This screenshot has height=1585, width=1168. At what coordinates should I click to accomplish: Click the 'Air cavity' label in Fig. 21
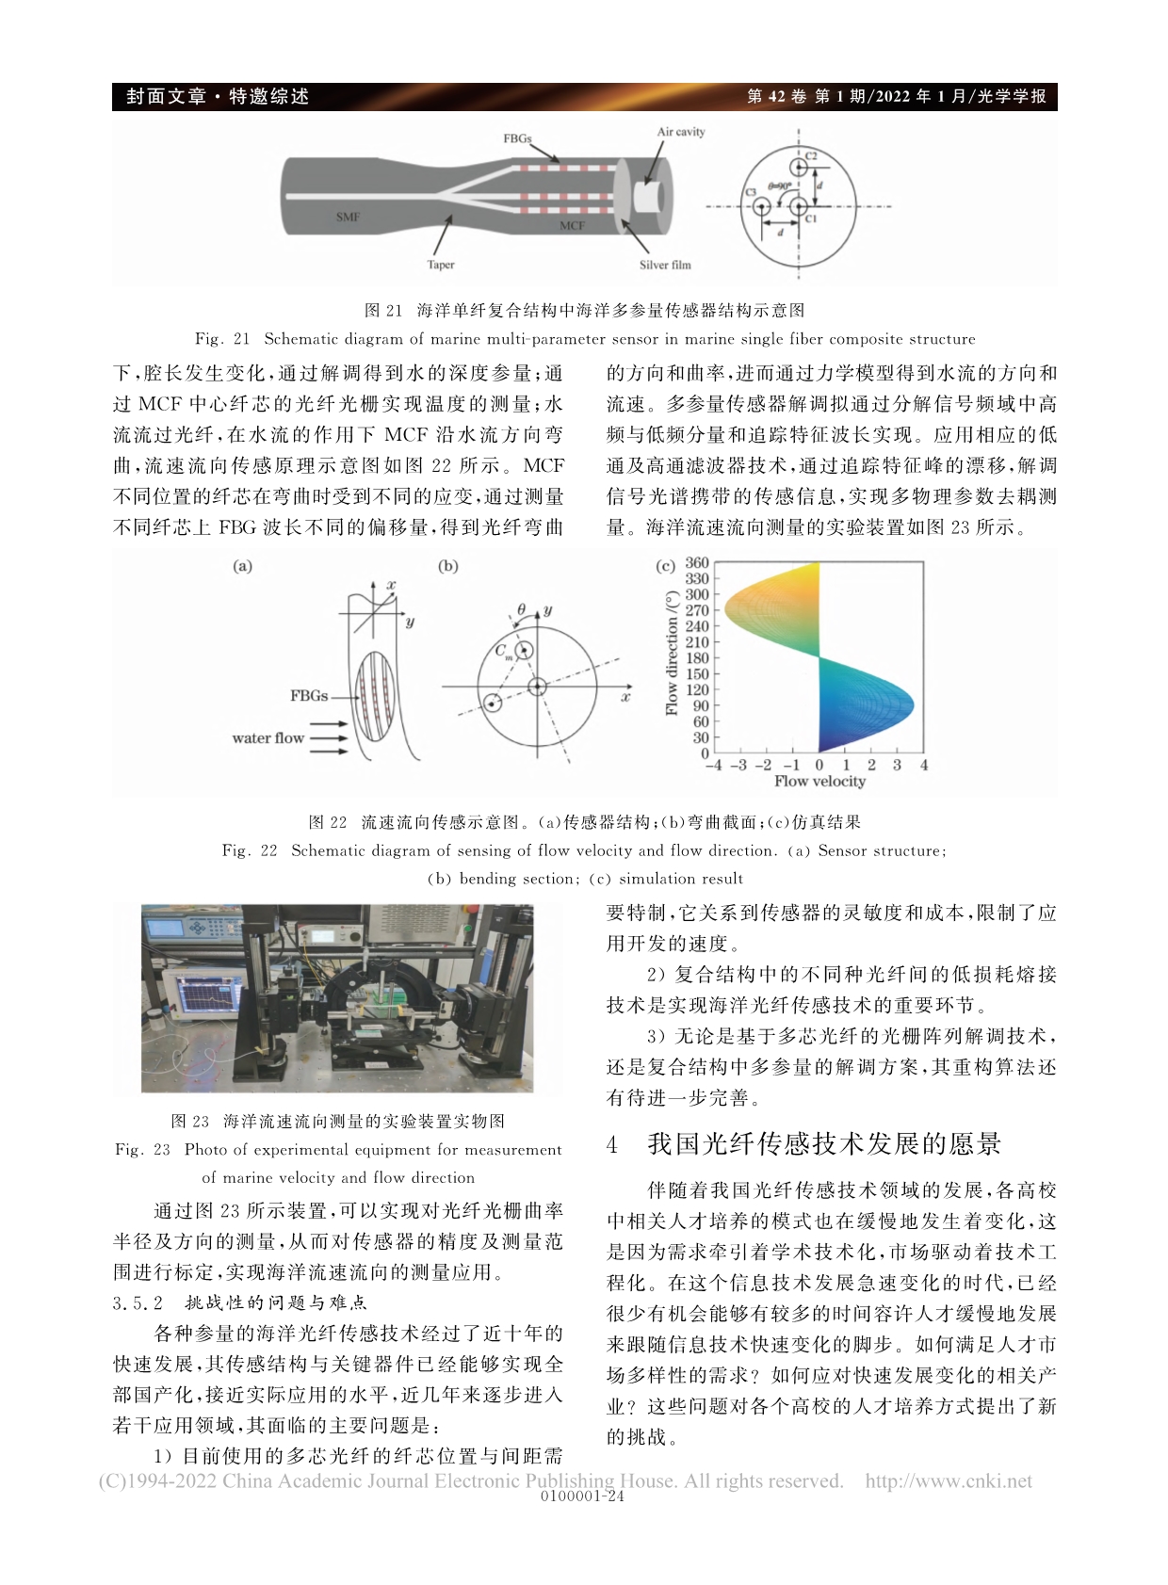point(680,132)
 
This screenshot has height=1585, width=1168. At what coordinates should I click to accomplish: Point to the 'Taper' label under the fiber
point(441,265)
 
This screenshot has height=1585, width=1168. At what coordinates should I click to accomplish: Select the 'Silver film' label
point(665,265)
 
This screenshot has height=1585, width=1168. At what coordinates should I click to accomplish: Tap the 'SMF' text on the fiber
point(349,217)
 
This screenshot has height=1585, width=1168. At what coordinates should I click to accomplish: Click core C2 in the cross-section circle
point(799,168)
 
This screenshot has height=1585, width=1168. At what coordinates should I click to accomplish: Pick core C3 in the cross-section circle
point(761,205)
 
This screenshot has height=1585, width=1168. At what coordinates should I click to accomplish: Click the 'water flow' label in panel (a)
point(268,738)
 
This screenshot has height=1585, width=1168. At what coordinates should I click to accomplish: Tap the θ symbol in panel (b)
point(521,610)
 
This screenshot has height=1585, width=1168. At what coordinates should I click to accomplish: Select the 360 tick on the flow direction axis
point(697,563)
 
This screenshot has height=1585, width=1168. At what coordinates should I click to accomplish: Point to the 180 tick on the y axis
point(697,658)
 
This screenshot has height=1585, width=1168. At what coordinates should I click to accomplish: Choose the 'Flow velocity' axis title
point(819,781)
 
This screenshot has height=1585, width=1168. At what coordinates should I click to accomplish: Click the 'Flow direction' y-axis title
point(672,654)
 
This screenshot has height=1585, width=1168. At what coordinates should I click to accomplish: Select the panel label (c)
point(665,566)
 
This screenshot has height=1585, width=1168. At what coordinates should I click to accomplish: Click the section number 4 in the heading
point(612,1144)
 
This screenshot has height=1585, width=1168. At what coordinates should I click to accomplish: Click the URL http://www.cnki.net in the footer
point(949,1480)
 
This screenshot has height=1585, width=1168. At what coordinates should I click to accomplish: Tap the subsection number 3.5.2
point(138,1302)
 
